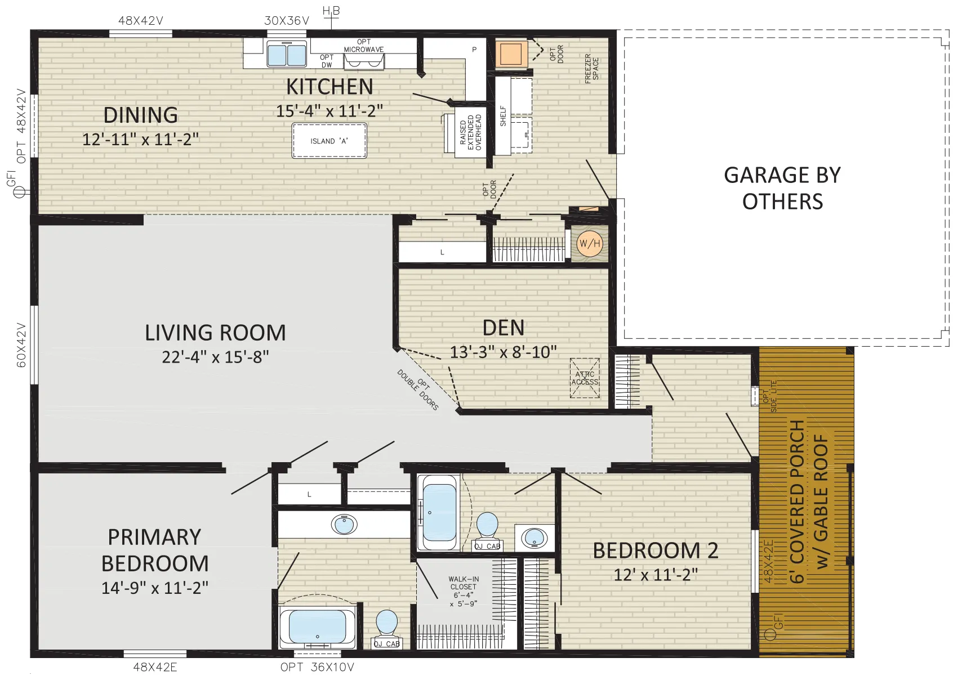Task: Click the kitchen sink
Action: coord(287,53)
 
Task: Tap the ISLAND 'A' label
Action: coord(329,141)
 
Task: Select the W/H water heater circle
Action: coord(590,244)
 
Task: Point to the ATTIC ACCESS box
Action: coord(585,378)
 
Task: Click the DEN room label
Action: coord(504,328)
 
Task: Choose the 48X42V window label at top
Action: coord(140,21)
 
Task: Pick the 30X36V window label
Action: coord(287,21)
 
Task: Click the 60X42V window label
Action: coord(21,345)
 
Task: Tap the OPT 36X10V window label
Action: coord(317,667)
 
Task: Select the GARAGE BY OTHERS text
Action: coord(782,188)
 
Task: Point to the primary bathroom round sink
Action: coord(344,524)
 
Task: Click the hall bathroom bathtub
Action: coord(439,513)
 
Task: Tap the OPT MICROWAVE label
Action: coord(364,46)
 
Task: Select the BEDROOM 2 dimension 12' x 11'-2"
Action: coord(656,574)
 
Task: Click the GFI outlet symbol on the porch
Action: coord(771,634)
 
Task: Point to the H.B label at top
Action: coord(331,11)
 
